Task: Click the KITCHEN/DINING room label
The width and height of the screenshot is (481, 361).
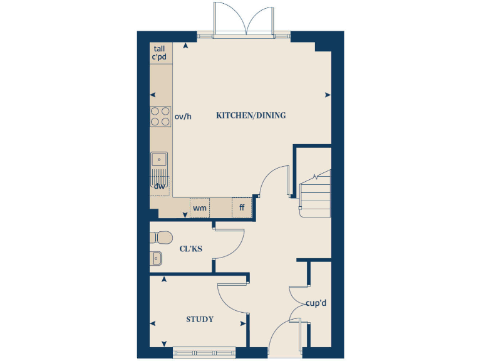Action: [x=251, y=115]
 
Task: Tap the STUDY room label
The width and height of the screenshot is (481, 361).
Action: [x=200, y=320]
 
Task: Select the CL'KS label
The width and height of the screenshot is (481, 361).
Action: [x=190, y=249]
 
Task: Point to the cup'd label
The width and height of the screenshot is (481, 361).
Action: [x=316, y=303]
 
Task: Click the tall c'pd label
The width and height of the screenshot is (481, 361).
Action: [x=159, y=53]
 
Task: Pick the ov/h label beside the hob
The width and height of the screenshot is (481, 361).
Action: [x=182, y=116]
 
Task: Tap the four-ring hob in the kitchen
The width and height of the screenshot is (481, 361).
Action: [x=160, y=117]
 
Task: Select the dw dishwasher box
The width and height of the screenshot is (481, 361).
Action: [x=159, y=186]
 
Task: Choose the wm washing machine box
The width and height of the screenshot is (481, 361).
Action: [x=200, y=207]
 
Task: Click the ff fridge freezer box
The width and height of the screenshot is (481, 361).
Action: [x=241, y=207]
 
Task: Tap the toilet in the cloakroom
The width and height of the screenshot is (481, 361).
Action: [x=162, y=238]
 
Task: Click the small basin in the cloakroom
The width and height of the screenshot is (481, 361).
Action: [x=157, y=258]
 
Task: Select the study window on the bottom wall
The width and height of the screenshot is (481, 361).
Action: [x=204, y=352]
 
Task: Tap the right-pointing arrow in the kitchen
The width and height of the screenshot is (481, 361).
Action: [x=328, y=95]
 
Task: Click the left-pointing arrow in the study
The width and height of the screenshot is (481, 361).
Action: [x=153, y=323]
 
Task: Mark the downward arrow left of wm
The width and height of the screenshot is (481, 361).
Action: [x=184, y=215]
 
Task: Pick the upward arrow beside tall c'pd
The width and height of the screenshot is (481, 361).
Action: [x=185, y=46]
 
